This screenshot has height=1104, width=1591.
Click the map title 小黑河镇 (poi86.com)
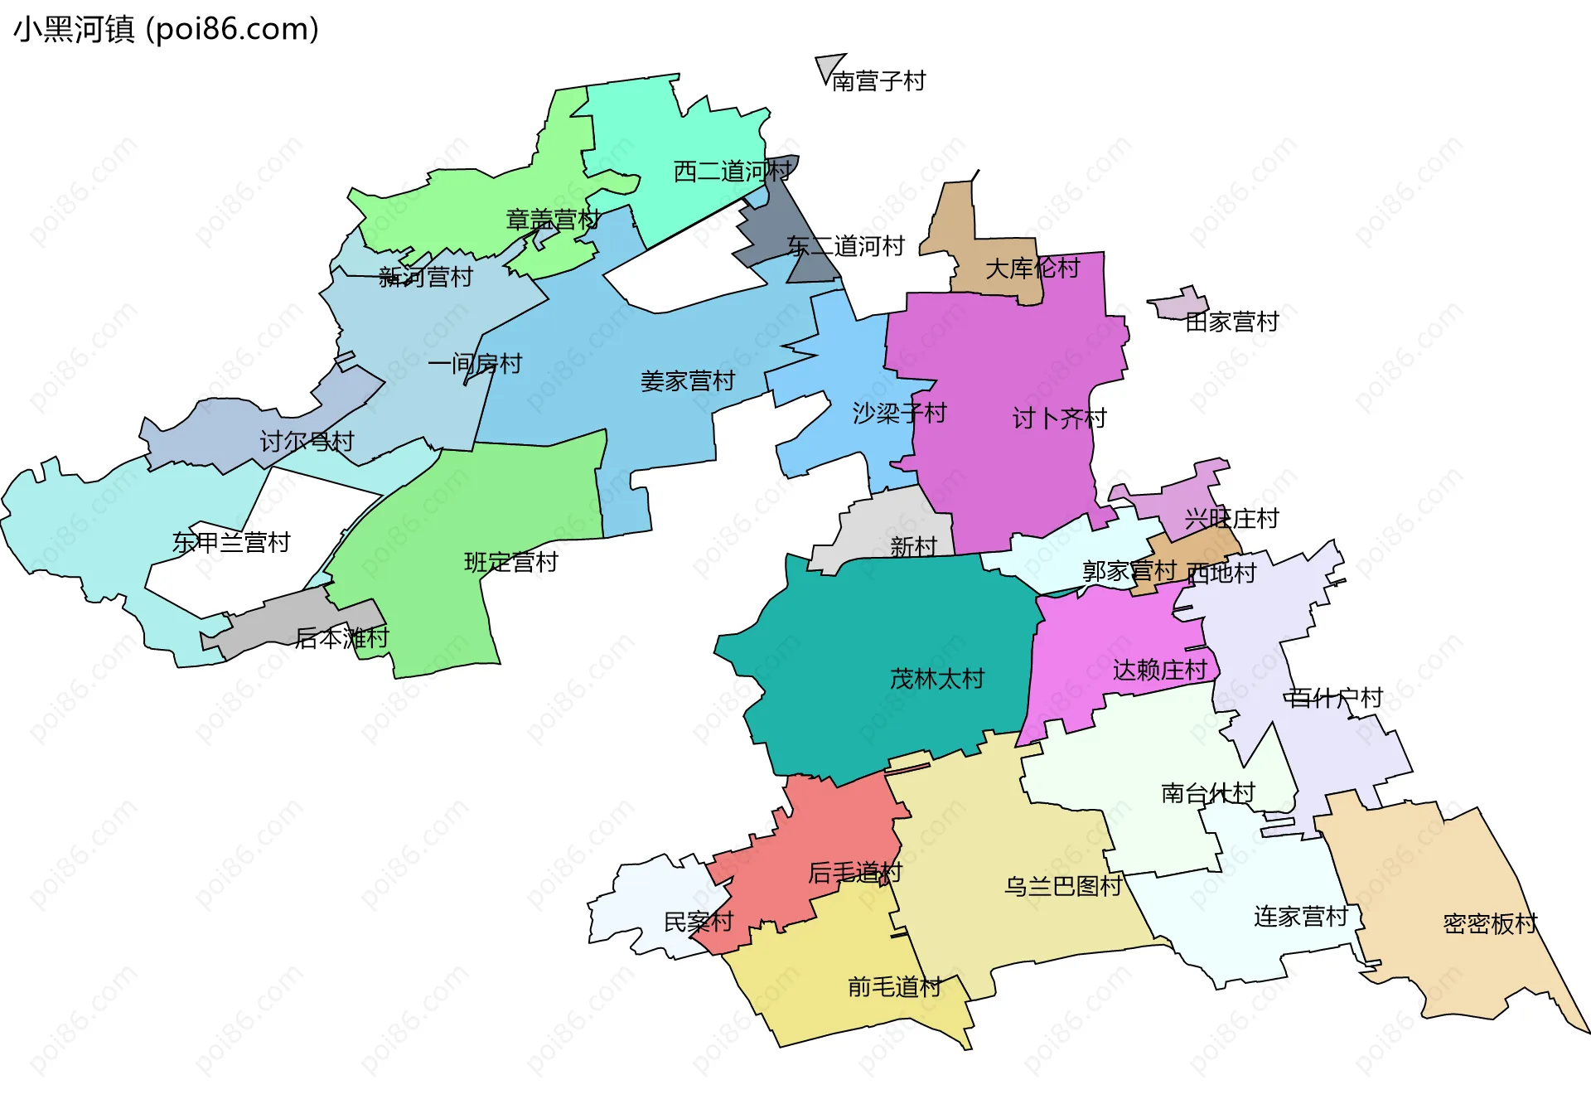coord(166,30)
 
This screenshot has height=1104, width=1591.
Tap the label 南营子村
coord(878,81)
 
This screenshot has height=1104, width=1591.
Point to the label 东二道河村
coord(845,246)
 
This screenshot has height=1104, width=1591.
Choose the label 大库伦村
coord(1032,268)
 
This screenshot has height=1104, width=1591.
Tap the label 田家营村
coord(1232,322)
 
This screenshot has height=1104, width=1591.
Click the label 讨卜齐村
coord(1059,419)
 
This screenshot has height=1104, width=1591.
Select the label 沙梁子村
coord(899,413)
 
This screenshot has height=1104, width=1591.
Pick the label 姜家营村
coord(688,381)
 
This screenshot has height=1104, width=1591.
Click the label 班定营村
coord(510,562)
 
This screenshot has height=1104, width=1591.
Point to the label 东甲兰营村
coord(231,543)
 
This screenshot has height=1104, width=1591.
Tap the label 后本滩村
coord(341,638)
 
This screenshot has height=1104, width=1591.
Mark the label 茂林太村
coord(936,679)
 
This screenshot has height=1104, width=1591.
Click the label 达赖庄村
coord(1159,670)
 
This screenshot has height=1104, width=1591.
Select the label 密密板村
coord(1490,923)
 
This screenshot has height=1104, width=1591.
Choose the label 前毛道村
coord(894,986)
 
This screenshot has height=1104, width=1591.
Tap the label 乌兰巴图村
coord(1063,886)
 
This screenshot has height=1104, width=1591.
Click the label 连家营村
coord(1301,917)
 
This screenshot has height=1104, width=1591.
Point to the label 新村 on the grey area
coord(913,546)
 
